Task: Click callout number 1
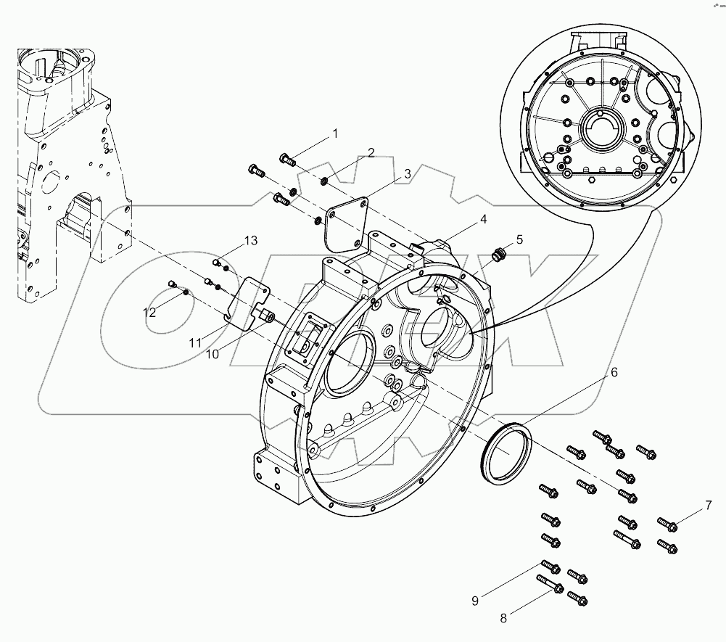click(x=335, y=133)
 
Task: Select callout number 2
click(x=370, y=152)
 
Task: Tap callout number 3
click(x=408, y=173)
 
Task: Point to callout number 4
click(x=482, y=218)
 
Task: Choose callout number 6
click(x=614, y=372)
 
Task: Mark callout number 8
click(x=503, y=618)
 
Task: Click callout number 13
click(x=250, y=241)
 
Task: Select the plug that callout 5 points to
click(x=497, y=254)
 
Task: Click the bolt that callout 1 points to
click(x=288, y=160)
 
